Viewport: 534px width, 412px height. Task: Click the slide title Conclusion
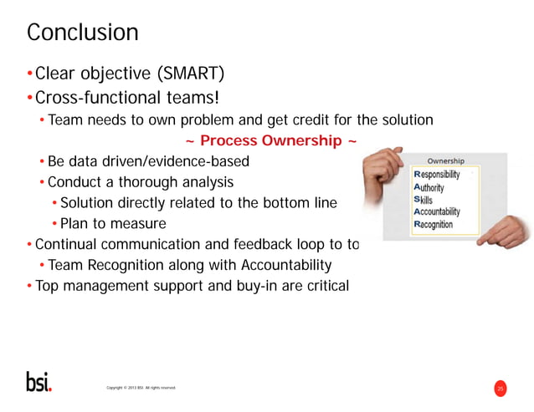click(82, 33)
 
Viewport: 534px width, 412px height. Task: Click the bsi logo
click(38, 381)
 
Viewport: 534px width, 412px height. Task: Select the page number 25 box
click(501, 388)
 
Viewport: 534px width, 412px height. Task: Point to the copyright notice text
click(141, 388)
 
